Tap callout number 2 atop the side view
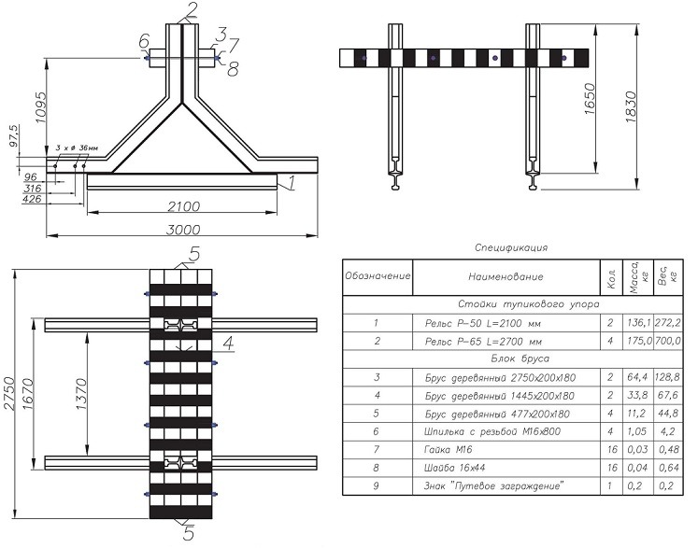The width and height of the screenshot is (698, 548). pyautogui.click(x=192, y=10)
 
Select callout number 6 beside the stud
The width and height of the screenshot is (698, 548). pyautogui.click(x=143, y=42)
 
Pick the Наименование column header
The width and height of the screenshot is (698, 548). pyautogui.click(x=505, y=276)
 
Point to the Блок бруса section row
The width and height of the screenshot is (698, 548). pyautogui.click(x=512, y=358)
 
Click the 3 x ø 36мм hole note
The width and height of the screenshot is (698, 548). pyautogui.click(x=75, y=148)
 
